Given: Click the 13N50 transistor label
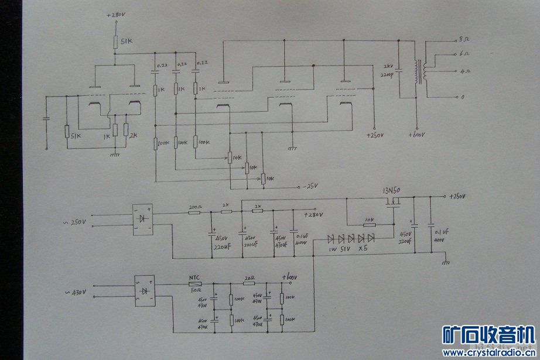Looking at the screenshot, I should tap(391, 191).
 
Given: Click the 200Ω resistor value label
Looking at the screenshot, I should tap(194, 207).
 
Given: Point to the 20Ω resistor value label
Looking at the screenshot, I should tap(251, 278).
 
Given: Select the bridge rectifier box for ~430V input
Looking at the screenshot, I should tap(144, 291).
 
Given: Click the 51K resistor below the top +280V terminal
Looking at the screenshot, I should tap(116, 42).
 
